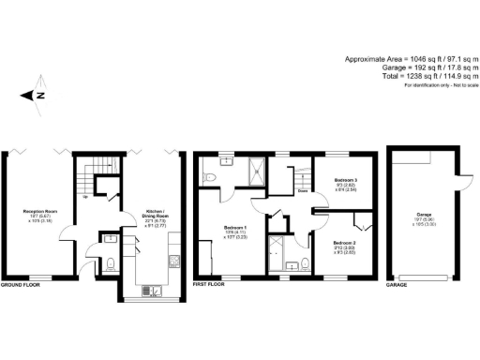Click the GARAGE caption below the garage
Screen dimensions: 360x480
pyautogui.click(x=397, y=283)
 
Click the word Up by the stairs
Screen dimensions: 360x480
pyautogui.click(x=88, y=197)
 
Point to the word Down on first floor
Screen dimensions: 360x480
pyautogui.click(x=303, y=191)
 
